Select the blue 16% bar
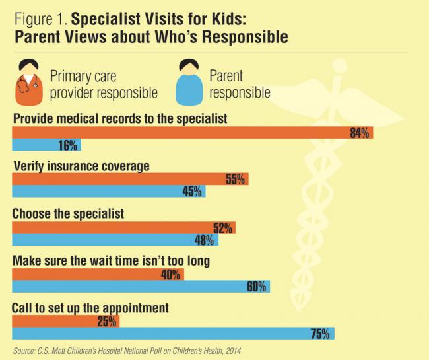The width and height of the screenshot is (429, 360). [40, 145]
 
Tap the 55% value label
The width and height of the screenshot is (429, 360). [235, 179]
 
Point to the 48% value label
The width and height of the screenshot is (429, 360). [204, 239]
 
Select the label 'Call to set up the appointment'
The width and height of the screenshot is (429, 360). [91, 308]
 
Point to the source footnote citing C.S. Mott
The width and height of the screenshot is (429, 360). [132, 351]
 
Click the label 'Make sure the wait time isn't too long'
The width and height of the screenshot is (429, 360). [111, 261]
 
